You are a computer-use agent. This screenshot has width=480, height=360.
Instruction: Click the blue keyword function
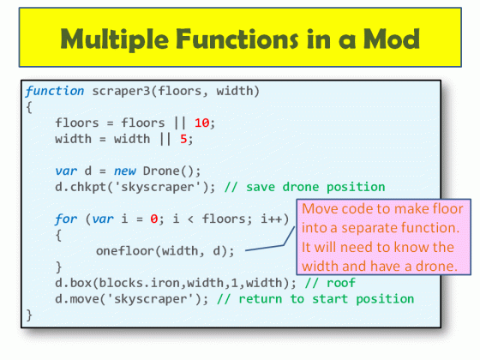[x=55, y=91]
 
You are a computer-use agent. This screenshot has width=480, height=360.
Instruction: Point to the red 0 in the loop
[x=152, y=219]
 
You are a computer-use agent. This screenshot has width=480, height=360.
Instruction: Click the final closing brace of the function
[x=29, y=315]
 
